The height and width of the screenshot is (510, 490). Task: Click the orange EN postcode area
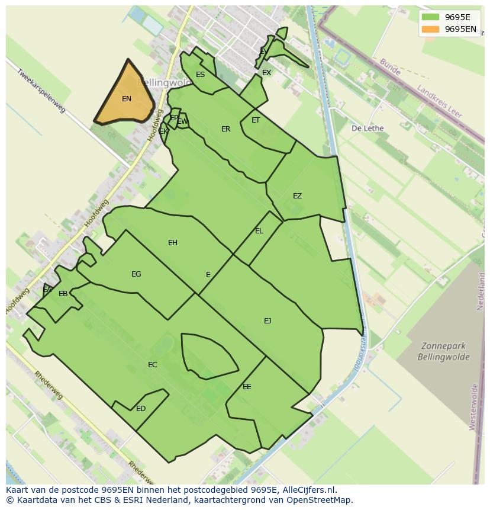click(x=126, y=98)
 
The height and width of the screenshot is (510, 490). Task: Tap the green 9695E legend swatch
click(x=430, y=17)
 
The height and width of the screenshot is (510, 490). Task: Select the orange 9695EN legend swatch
click(x=430, y=29)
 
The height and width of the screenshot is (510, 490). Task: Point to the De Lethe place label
click(x=367, y=128)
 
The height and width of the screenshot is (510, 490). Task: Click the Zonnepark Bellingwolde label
click(x=443, y=351)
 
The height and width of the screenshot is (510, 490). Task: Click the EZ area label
click(x=297, y=196)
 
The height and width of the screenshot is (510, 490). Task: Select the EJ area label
click(x=267, y=320)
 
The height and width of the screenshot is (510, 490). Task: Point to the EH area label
click(x=173, y=242)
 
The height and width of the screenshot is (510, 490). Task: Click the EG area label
click(x=136, y=274)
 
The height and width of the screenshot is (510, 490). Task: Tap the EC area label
click(x=153, y=364)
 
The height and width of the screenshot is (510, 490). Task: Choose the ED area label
click(x=141, y=408)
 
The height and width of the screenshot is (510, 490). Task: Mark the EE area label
click(x=247, y=386)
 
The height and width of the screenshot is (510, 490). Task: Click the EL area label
click(x=259, y=230)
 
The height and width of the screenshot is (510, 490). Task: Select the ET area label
click(x=256, y=120)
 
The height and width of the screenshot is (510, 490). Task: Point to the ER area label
click(x=225, y=129)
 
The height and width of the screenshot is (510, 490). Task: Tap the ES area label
click(x=200, y=74)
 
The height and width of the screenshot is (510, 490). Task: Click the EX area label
click(x=266, y=73)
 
